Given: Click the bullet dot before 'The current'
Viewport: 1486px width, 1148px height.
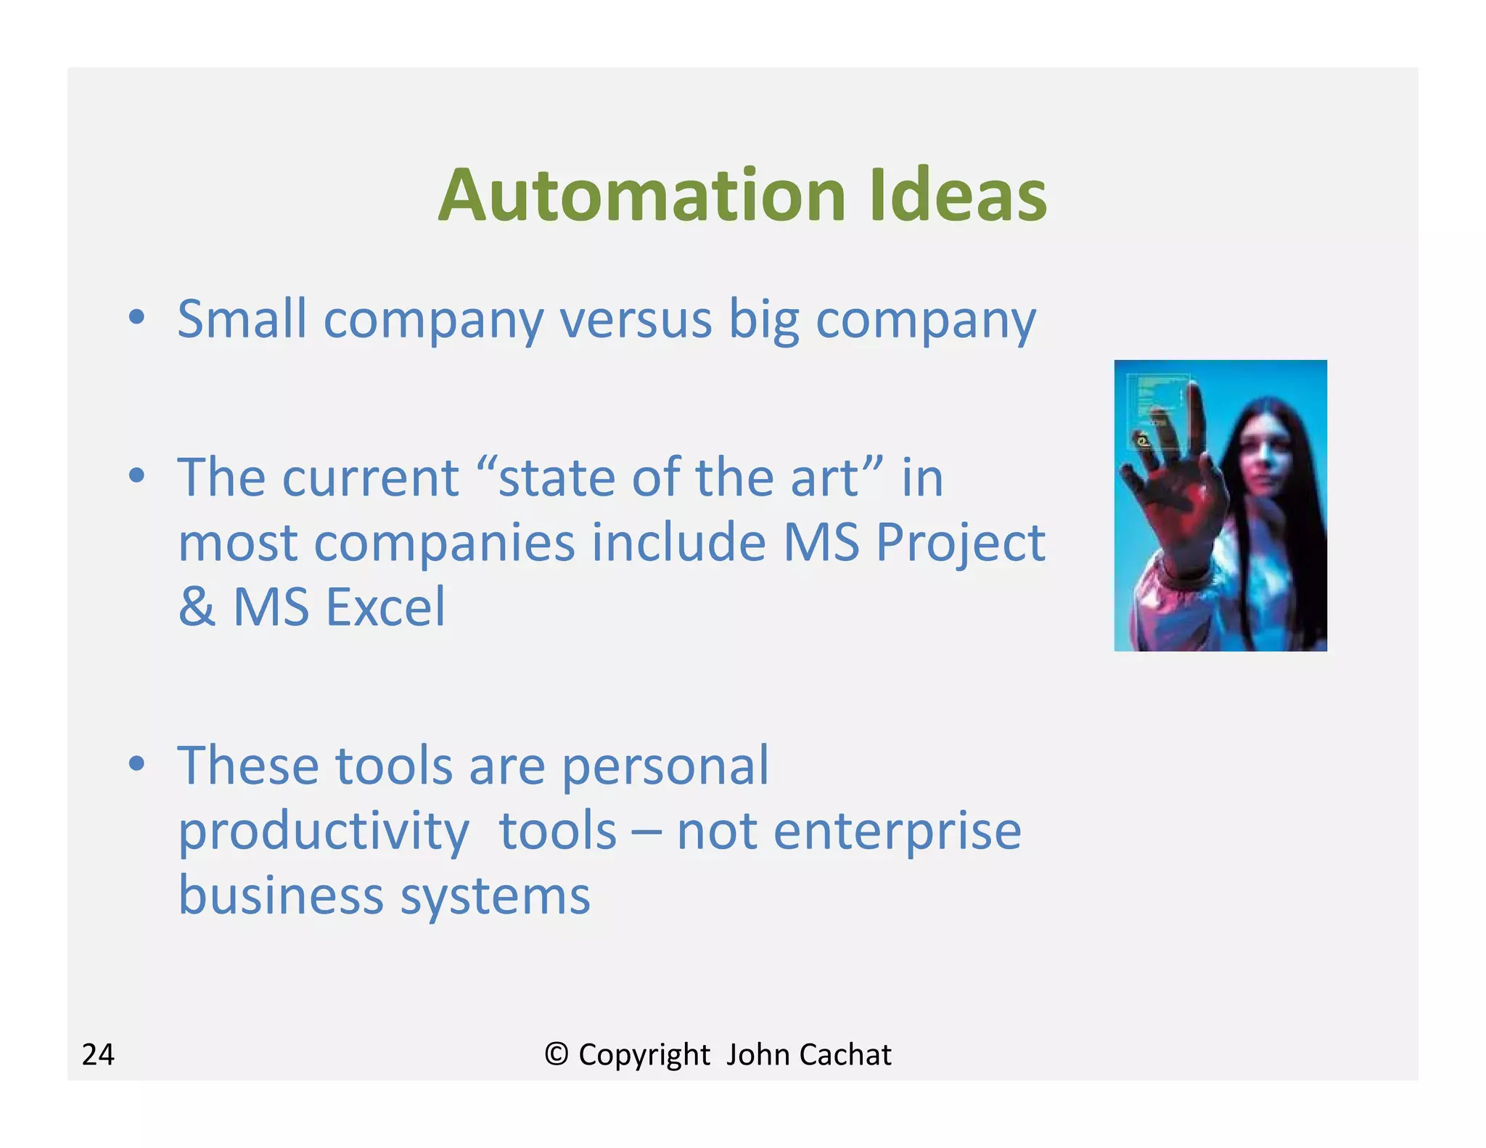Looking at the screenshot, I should [x=136, y=477].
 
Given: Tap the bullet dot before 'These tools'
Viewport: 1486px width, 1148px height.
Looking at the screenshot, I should [x=136, y=764].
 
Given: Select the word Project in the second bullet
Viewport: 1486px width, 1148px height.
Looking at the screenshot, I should [x=960, y=543].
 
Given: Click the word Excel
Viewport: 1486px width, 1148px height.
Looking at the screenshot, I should [x=385, y=607].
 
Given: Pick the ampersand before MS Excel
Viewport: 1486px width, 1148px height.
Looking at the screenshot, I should [x=197, y=607].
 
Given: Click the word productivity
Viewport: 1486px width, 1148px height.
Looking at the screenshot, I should [x=324, y=831].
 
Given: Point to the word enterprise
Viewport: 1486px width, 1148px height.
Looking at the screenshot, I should [x=849, y=831].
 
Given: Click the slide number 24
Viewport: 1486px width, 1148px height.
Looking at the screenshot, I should [x=98, y=1054].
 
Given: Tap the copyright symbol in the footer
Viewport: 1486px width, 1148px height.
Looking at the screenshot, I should [x=556, y=1054].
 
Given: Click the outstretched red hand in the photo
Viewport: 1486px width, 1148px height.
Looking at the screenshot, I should [x=1175, y=501].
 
